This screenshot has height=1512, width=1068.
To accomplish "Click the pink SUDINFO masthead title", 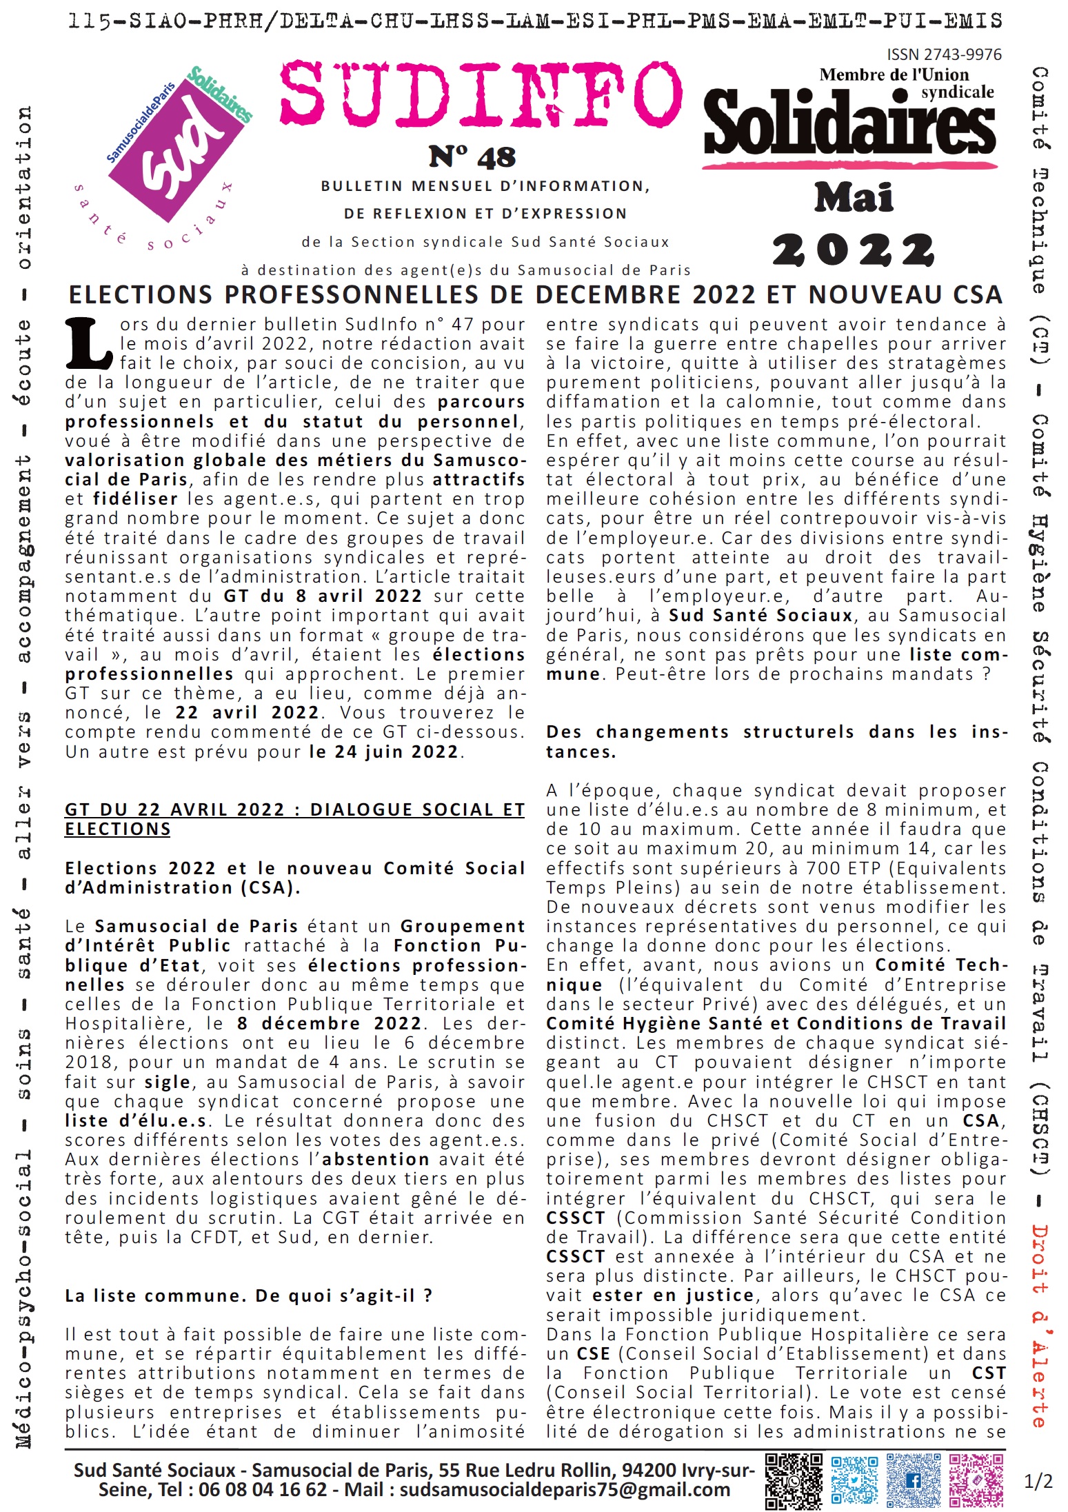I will click(x=481, y=94).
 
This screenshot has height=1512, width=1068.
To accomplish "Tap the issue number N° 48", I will click(x=472, y=157).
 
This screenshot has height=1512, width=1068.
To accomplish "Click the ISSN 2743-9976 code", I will click(x=944, y=54).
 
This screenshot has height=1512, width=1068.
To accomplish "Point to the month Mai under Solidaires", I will click(x=854, y=198).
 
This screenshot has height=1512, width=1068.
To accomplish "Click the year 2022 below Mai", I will click(x=853, y=250).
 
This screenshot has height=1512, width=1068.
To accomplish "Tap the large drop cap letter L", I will click(x=88, y=343).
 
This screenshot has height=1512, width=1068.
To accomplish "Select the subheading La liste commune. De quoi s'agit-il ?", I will click(x=249, y=1296).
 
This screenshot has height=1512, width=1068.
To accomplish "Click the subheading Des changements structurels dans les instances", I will click(x=776, y=741).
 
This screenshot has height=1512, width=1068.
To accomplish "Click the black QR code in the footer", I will click(x=794, y=1480).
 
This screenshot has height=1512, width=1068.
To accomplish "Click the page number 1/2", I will click(x=1038, y=1481).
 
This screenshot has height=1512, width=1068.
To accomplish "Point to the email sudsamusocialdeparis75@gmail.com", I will click(x=565, y=1489).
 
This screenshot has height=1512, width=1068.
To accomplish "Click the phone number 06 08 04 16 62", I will click(x=263, y=1489).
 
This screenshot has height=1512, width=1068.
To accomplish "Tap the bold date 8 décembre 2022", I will click(x=329, y=1023).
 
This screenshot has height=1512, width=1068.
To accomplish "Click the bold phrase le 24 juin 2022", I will click(x=384, y=752).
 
